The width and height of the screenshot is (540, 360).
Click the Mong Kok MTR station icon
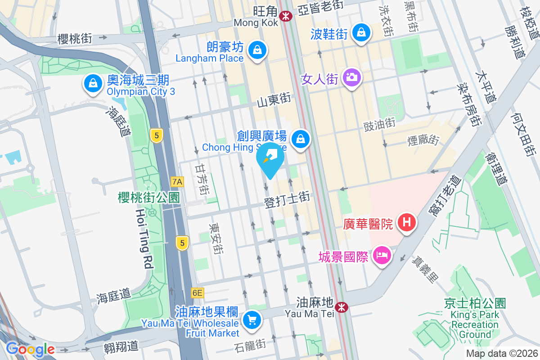coord(285,16)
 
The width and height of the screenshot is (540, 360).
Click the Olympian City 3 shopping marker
coord(92,83)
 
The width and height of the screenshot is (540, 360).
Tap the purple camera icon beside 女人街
coord(351,77)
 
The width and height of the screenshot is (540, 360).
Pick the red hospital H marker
coord(407,222)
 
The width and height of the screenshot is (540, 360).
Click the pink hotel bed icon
coord(382,255)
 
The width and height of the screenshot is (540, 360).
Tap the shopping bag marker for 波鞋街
coord(361,32)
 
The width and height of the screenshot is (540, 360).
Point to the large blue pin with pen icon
coord(270,158)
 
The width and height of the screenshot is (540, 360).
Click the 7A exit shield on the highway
coord(178,182)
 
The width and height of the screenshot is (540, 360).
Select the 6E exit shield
coord(197,293)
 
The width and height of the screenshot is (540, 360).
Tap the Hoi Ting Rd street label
coord(144,238)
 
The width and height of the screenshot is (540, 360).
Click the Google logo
coord(30,349)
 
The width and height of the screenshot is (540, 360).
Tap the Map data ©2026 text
coord(501,354)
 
